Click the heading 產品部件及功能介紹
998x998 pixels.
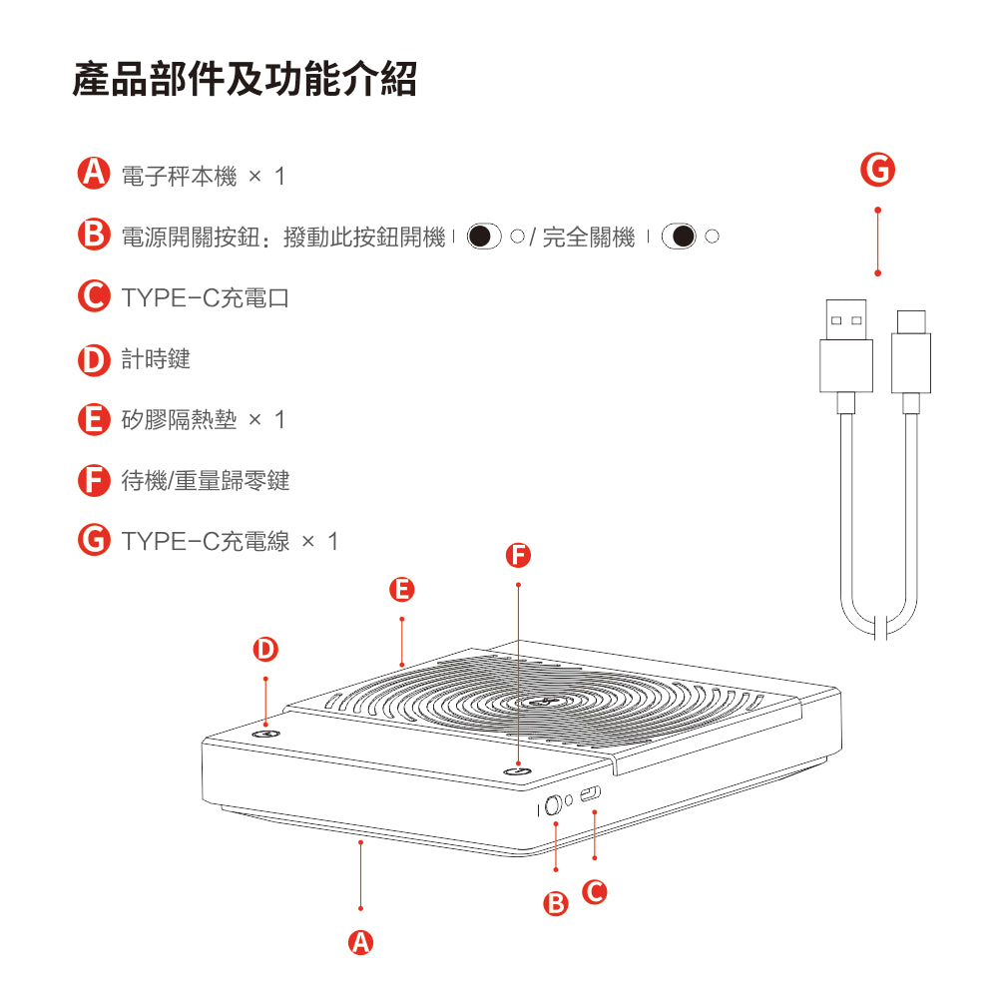click(x=245, y=79)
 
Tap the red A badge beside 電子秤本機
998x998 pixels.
click(x=93, y=174)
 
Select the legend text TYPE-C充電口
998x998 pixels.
click(x=205, y=297)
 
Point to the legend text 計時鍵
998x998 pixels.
click(x=156, y=359)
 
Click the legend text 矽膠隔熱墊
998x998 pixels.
click(x=180, y=420)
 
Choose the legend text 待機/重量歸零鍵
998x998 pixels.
click(x=206, y=481)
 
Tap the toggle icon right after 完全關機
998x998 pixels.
click(x=683, y=238)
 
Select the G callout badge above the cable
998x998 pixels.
click(x=877, y=171)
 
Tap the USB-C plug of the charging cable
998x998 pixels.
click(x=910, y=354)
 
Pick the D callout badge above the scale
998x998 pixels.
click(x=264, y=650)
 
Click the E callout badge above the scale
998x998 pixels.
click(x=401, y=590)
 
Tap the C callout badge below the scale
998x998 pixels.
click(x=595, y=891)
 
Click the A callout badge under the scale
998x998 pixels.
click(x=360, y=941)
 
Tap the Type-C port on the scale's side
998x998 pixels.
click(x=592, y=794)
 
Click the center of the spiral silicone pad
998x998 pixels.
click(x=544, y=705)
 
